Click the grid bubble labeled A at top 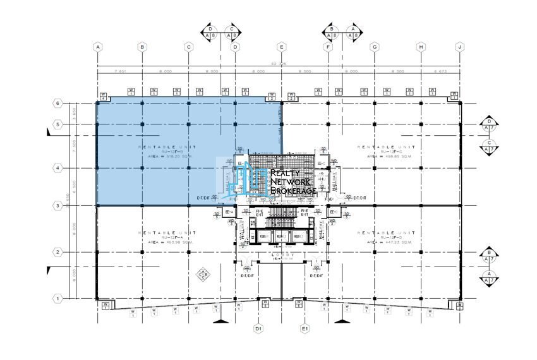coord(97,47)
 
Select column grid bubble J coord(460,47)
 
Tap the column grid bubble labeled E coord(282,47)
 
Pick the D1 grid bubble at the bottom coord(258,328)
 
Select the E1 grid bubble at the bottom coord(305,328)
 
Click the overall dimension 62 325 coord(279,64)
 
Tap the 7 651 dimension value coord(119,71)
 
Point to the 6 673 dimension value coord(440,71)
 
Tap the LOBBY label coord(282,256)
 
